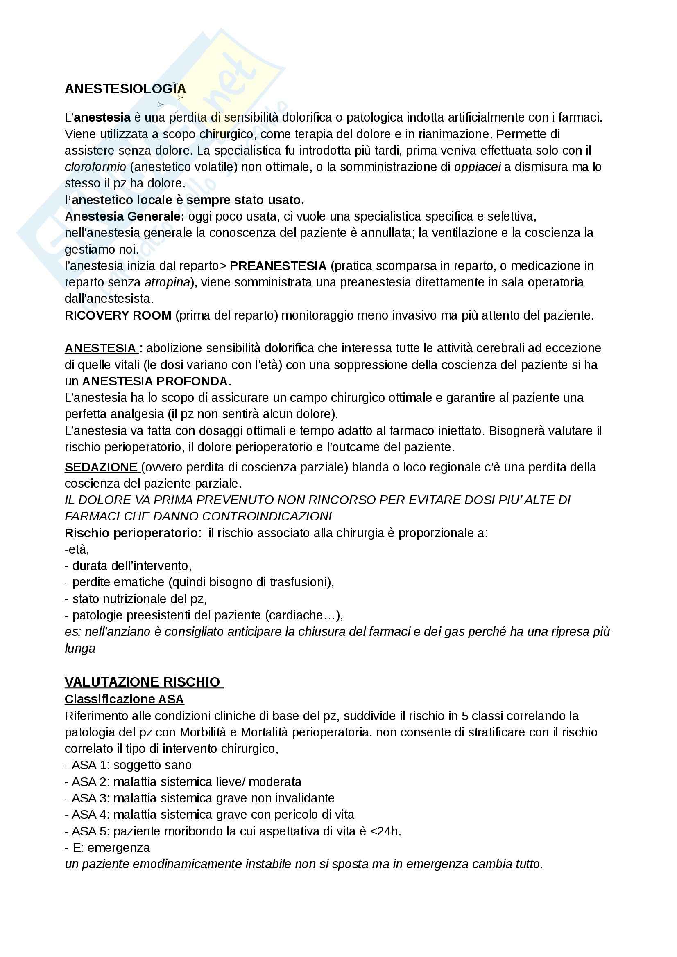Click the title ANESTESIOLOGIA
(x=125, y=89)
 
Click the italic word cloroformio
(x=95, y=167)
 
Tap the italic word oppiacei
(x=477, y=167)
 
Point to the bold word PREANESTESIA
(x=278, y=266)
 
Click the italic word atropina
(x=167, y=282)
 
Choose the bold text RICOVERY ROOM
(x=118, y=315)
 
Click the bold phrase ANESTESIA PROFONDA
(x=155, y=381)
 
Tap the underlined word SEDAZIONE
(x=101, y=467)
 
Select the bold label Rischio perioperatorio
(x=131, y=533)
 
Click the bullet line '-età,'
(x=77, y=549)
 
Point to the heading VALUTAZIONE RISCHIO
(x=142, y=682)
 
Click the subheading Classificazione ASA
(x=125, y=699)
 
